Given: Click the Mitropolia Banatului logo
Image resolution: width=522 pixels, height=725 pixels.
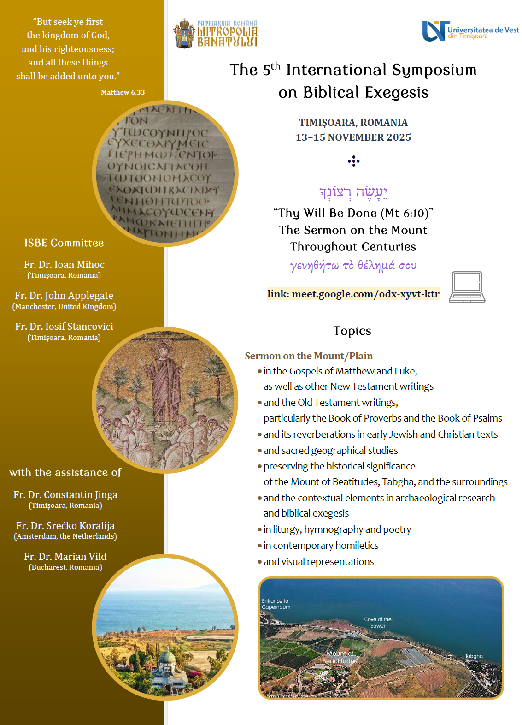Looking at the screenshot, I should tap(215, 33).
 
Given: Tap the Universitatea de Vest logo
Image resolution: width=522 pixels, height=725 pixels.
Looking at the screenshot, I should tap(470, 32).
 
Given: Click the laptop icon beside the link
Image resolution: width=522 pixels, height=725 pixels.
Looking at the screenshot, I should tap(467, 287).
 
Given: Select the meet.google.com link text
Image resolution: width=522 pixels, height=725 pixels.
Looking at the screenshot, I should tap(353, 294).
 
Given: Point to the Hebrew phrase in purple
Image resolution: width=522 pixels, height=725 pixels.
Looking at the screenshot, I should tap(353, 192).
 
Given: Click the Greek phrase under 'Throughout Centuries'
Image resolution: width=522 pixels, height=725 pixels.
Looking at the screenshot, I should tap(353, 266).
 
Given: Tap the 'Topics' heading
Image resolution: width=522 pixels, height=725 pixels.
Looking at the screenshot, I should tap(352, 331).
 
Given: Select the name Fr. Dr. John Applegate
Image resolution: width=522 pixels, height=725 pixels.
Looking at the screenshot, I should tap(64, 295).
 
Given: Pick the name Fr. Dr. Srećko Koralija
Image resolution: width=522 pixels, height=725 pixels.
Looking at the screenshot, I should tap(65, 525).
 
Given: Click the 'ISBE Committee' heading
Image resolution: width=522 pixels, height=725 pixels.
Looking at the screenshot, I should tap(64, 243).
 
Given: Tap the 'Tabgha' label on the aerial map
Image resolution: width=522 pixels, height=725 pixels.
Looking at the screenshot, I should tap(474, 656).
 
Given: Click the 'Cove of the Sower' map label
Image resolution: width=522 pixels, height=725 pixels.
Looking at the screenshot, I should tap(377, 623).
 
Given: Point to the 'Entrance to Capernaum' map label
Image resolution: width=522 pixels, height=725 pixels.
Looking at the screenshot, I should tap(276, 604).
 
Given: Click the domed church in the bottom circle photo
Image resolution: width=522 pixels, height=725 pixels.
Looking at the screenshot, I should tap(167, 664).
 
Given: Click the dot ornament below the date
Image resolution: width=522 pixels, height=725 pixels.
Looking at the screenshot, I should tap(353, 161).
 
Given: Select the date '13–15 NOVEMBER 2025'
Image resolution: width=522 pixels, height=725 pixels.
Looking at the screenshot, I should tap(353, 137).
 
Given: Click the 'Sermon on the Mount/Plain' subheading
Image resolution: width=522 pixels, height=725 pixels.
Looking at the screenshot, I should tap(309, 356).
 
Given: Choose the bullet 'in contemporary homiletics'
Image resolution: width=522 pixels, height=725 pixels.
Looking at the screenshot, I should tap(321, 545).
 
